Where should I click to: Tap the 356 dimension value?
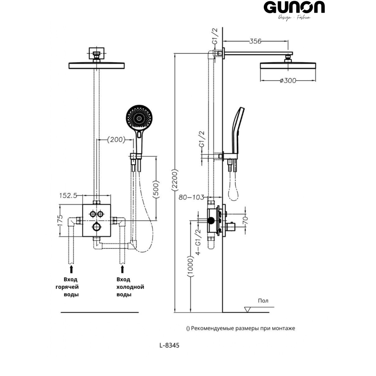point(255,41)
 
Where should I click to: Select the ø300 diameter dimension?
point(288,80)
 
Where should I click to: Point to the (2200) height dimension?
point(175,180)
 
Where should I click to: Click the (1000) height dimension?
point(190,266)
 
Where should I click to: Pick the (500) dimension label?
point(156,189)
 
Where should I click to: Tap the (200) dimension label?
point(116,140)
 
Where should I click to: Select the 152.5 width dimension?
point(68,196)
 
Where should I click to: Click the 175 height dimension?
point(60,220)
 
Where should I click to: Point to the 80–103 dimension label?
point(191,197)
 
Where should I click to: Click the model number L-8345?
point(169,345)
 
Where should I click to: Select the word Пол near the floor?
point(263,301)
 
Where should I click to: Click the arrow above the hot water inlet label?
point(71,269)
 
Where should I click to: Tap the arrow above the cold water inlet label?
point(122,269)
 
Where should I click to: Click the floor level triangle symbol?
point(247,310)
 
